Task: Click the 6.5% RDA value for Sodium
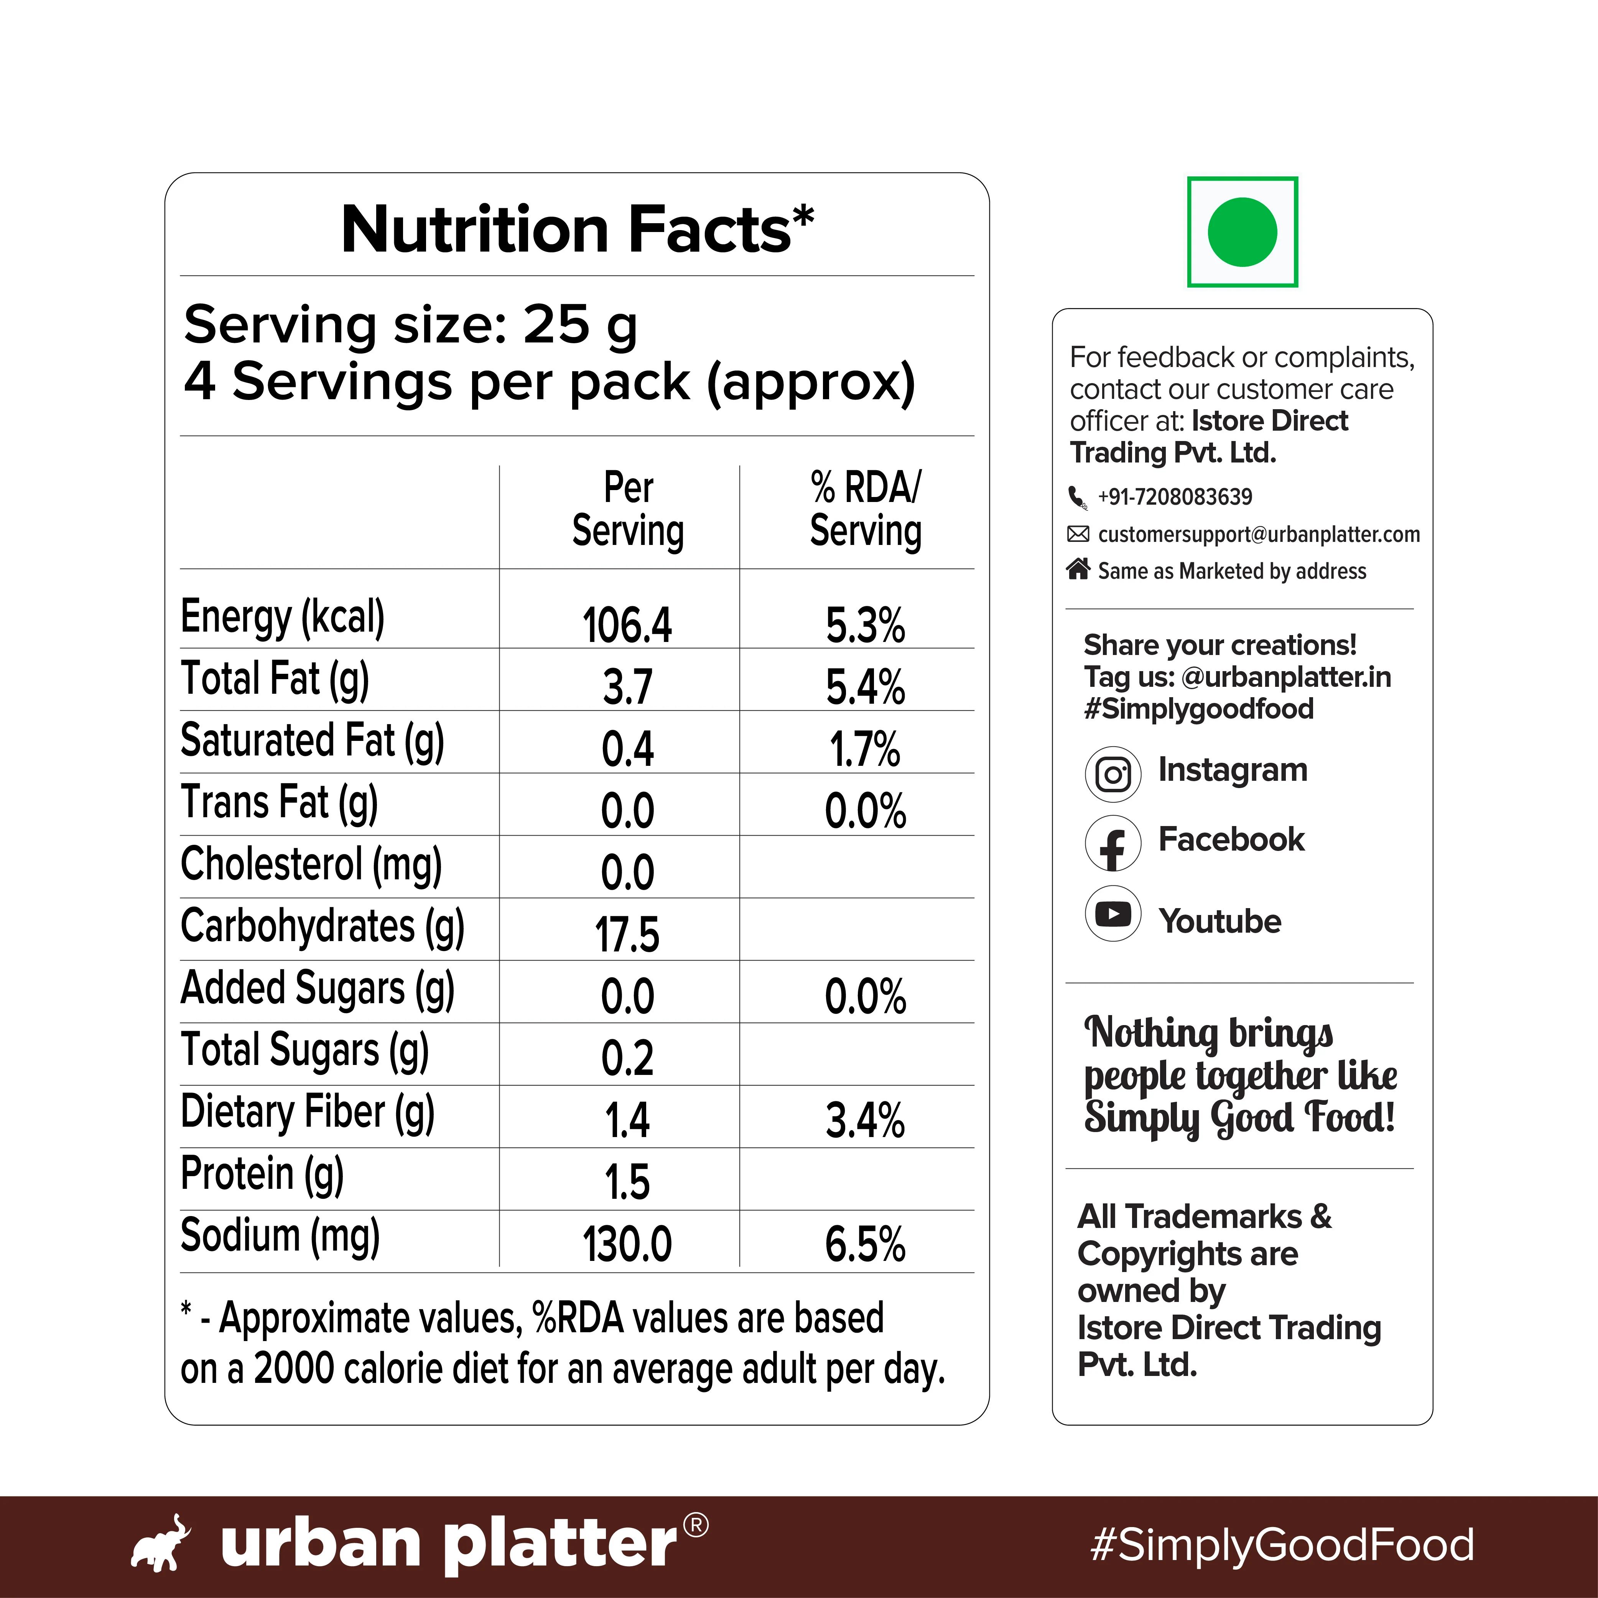coord(865,1244)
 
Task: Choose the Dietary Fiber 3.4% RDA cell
coord(865,1121)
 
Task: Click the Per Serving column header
coord(629,510)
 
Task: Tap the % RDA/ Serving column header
coord(865,510)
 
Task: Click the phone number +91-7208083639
coord(1175,496)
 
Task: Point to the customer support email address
coord(1259,534)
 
